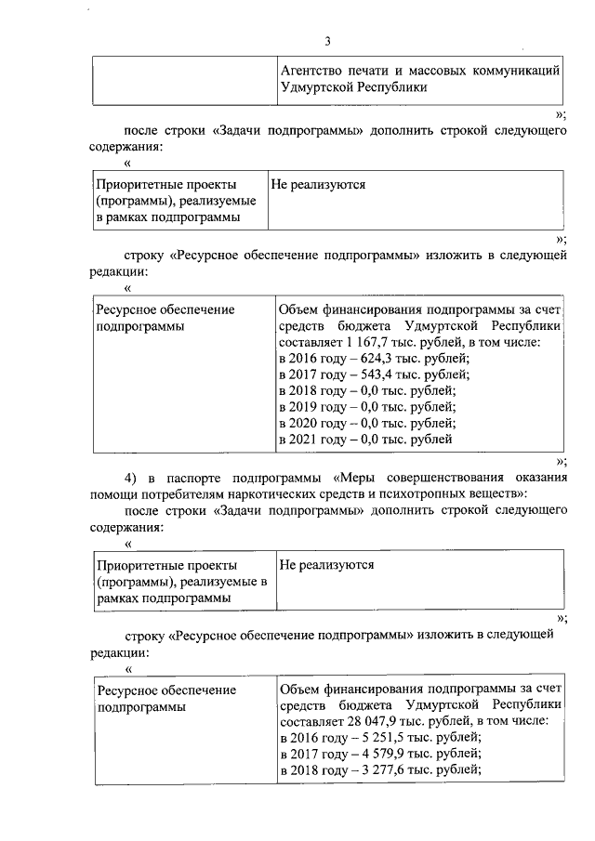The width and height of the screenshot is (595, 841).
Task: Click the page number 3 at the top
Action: tap(327, 40)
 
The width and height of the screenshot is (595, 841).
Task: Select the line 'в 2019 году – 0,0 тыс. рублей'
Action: tap(367, 406)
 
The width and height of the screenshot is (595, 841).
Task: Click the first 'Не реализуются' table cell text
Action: tap(317, 185)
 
